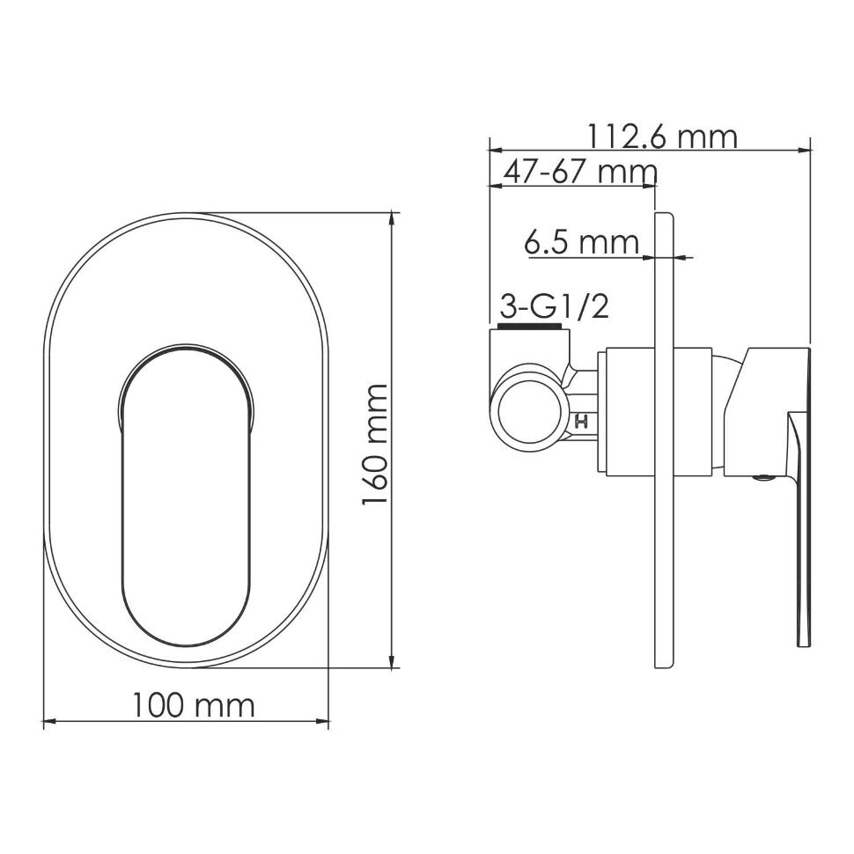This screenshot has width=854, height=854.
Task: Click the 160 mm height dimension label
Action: (374, 445)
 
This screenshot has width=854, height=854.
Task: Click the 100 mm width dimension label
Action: (193, 705)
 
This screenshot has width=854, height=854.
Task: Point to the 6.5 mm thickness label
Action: (582, 242)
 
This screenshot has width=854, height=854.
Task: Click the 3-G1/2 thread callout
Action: (554, 307)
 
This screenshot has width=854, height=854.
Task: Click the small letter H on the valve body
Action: (581, 422)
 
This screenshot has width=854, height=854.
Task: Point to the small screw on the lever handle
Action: (763, 478)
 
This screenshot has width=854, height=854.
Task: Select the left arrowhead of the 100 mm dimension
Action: (49, 723)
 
